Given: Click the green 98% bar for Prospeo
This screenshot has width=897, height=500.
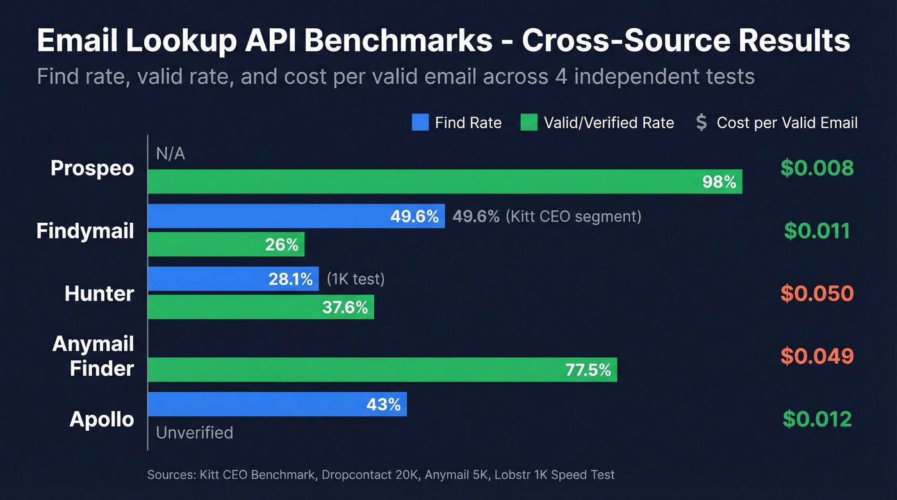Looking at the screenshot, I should pos(445,182).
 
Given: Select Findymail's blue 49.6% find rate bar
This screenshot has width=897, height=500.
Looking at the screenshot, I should pos(296,216).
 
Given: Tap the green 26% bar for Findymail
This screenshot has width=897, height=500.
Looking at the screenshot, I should pos(226,245).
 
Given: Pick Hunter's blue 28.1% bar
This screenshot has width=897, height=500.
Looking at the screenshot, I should pos(233,279).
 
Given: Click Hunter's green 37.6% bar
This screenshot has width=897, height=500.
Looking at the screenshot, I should pos(261,307).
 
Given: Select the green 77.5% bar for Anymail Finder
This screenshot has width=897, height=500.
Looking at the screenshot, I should pos(382,369).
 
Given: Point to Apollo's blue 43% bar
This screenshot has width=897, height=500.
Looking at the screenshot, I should pos(277,404).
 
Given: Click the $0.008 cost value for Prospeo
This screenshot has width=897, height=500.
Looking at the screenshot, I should pos(817,168).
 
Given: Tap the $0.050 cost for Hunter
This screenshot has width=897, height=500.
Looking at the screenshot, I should pos(817,293).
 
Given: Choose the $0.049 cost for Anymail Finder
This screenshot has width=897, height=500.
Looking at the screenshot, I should pos(817,356).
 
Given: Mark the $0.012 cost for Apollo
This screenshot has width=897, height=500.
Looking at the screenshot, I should pos(817,419).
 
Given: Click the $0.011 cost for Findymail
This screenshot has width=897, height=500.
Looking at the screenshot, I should pos(817,230).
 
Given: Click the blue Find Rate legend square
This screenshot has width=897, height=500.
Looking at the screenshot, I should pos(420,122).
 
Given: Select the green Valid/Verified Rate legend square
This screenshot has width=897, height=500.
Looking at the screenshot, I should pos(529,122).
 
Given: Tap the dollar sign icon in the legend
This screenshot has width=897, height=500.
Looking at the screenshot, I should pos(702,122).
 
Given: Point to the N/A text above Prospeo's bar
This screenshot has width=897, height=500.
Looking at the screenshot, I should pos(170,154).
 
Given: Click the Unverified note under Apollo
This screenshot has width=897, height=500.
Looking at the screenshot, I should pos(194,433).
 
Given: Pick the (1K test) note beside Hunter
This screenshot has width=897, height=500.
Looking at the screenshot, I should pos(355,279).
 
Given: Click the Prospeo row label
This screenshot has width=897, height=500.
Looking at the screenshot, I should pos(92,168).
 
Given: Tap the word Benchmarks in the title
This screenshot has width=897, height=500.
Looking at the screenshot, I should pos(397,41).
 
